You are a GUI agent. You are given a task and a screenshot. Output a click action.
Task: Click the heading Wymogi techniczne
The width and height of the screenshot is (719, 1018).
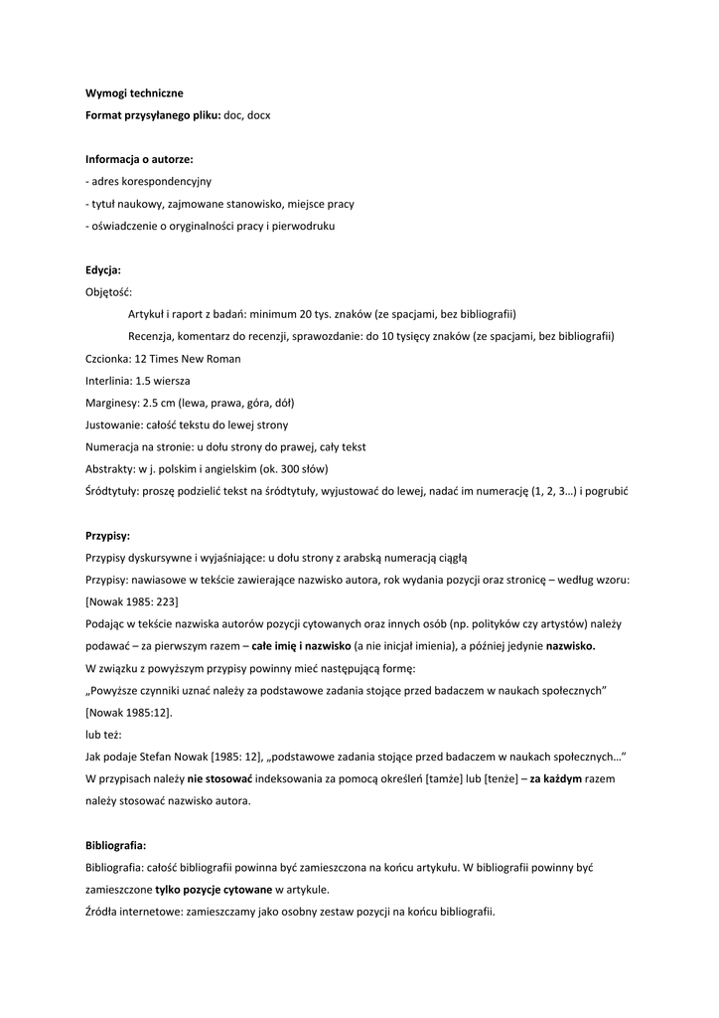pos(134,92)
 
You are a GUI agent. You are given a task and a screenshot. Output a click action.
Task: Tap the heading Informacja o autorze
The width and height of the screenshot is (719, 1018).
pos(139,159)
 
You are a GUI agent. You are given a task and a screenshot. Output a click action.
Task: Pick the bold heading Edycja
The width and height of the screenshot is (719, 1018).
pos(103,270)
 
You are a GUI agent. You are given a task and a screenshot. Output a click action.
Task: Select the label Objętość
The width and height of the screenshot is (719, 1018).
pos(108,292)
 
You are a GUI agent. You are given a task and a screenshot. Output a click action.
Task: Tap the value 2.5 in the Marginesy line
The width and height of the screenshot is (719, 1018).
pos(152,403)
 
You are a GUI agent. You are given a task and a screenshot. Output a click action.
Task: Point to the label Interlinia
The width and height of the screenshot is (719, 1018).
pos(109,381)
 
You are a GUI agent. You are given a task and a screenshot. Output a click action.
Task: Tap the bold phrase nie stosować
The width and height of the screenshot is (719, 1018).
pos(220,778)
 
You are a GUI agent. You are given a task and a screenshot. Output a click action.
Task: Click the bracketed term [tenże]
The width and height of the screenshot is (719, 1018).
pos(502,778)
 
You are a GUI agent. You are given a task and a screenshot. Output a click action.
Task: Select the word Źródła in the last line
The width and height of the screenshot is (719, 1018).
pos(103,912)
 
